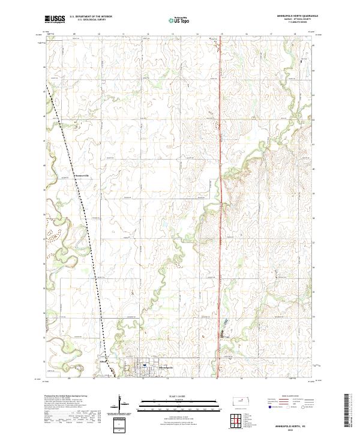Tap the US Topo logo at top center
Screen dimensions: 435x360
coord(179,20)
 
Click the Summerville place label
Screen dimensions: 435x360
coord(80,175)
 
